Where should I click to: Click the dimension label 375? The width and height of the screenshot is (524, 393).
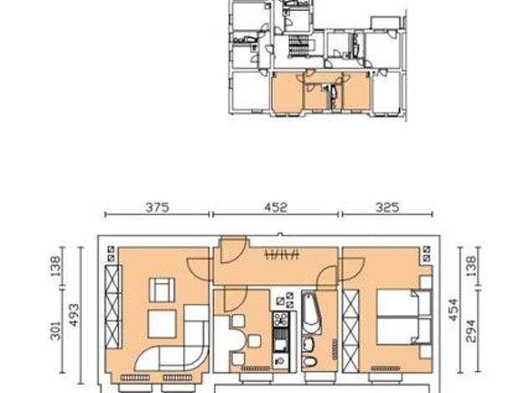coord(157,207)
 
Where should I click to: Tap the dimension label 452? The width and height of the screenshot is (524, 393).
coord(275,207)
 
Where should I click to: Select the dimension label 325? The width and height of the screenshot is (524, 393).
coord(388,207)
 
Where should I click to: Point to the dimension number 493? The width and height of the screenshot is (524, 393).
coord(74,315)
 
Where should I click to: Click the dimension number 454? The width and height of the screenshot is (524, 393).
coord(453,310)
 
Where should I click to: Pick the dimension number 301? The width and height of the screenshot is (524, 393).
coord(55,330)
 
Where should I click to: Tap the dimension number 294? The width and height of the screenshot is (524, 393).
coord(470,331)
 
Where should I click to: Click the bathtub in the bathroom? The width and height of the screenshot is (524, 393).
coord(311,312)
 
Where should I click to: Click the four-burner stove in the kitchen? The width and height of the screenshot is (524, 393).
coord(280,319)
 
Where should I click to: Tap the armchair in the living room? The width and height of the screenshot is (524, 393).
coord(162,290)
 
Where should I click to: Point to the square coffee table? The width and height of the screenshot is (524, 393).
coord(162,324)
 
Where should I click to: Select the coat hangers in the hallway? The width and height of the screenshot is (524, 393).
coord(281,254)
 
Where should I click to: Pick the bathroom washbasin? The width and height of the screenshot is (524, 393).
coord(308,344)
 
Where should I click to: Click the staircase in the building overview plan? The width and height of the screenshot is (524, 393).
coord(300,47)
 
